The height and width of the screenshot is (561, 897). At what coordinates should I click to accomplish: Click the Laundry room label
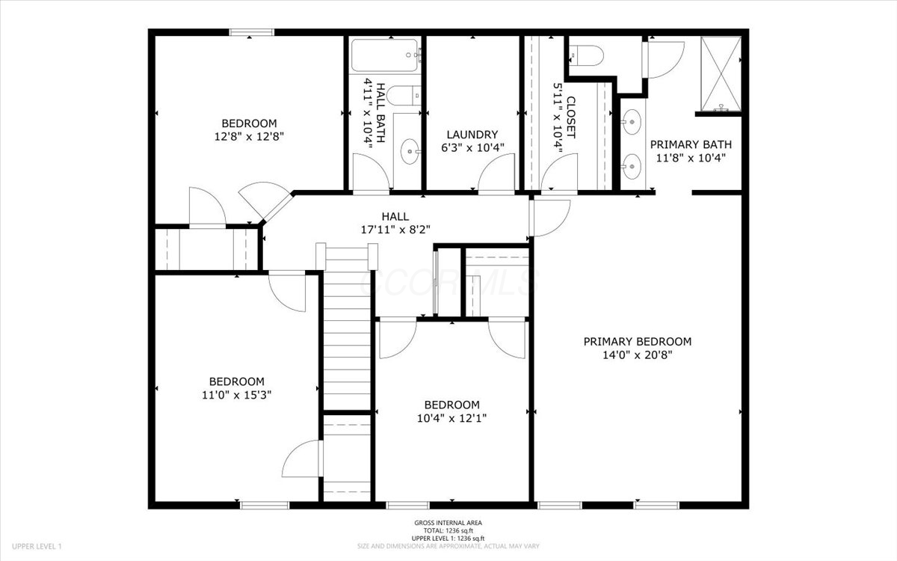pyautogui.click(x=472, y=134)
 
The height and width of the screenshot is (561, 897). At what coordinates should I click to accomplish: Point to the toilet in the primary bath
pyautogui.click(x=586, y=55)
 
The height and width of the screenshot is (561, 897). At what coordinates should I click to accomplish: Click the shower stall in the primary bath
pyautogui.click(x=721, y=73)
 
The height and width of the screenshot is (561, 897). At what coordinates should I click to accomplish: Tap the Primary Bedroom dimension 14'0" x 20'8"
pyautogui.click(x=637, y=355)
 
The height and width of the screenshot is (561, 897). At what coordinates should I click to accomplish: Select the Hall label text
pyautogui.click(x=395, y=216)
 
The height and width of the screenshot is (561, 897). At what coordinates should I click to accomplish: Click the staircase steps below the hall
pyautogui.click(x=347, y=340)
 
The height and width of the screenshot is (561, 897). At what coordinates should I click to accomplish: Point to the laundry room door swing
pyautogui.click(x=496, y=173)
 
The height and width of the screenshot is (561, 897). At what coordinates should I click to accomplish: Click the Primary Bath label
pyautogui.click(x=691, y=144)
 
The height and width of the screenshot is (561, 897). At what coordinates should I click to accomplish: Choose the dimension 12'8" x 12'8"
pyautogui.click(x=249, y=137)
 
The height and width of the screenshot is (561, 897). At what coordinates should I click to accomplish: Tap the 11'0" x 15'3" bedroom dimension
pyautogui.click(x=236, y=395)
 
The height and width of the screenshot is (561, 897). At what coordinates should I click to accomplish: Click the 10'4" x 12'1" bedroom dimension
pyautogui.click(x=451, y=418)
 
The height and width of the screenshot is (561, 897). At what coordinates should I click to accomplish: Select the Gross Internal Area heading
pyautogui.click(x=448, y=523)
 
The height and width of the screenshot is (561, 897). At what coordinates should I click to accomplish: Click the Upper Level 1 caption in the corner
pyautogui.click(x=37, y=546)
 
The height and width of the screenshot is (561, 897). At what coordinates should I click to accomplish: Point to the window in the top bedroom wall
pyautogui.click(x=251, y=32)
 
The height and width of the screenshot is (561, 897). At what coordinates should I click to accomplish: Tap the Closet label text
pyautogui.click(x=571, y=117)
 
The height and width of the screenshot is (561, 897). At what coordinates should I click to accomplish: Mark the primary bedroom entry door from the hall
pyautogui.click(x=549, y=218)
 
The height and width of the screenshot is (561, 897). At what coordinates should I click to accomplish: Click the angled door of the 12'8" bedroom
pyautogui.click(x=265, y=201)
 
